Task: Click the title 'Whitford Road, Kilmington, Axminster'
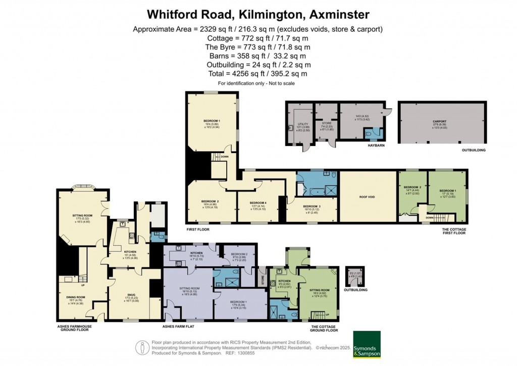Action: click(x=258, y=14)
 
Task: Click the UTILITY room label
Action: click(x=302, y=123)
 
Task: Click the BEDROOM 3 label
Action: click(x=312, y=206)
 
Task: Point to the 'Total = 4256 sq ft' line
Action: click(x=258, y=74)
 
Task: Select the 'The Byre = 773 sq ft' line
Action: click(x=258, y=47)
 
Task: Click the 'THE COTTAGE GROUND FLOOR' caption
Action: click(x=324, y=328)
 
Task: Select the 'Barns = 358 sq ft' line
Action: click(x=258, y=56)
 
